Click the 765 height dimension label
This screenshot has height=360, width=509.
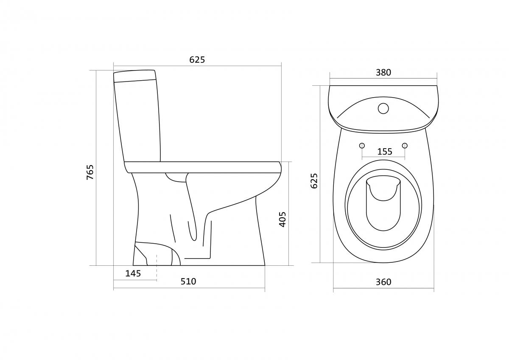click(x=90, y=172)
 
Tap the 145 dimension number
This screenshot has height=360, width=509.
click(x=133, y=273)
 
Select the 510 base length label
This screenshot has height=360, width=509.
click(x=188, y=281)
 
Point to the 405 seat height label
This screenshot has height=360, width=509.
click(x=282, y=219)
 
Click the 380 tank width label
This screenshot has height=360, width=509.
click(x=383, y=73)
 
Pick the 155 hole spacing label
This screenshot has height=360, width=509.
click(x=385, y=152)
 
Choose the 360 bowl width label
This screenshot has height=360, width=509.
click(x=383, y=282)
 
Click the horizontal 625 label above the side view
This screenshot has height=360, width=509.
click(x=197, y=60)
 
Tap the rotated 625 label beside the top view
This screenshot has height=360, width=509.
click(x=314, y=181)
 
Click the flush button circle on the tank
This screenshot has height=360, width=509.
click(x=383, y=108)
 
